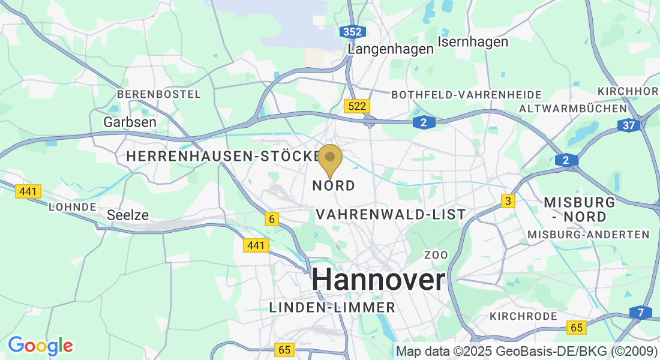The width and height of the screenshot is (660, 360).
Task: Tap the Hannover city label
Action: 379,280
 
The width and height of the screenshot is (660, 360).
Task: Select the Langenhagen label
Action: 391,49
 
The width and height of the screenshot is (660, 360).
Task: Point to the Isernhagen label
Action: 473,42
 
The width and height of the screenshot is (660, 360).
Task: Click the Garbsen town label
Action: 130,122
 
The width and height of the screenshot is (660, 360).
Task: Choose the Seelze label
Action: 128,215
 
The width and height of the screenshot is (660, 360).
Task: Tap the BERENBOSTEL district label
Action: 159,94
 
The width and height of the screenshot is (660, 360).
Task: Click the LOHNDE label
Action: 73,207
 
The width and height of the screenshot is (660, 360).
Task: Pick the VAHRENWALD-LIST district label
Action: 391,214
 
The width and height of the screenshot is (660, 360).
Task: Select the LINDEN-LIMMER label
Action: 332,308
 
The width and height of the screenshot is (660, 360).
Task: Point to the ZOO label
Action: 436,255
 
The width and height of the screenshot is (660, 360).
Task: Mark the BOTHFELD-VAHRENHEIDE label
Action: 466,95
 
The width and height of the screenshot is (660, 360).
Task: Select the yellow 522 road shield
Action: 357,106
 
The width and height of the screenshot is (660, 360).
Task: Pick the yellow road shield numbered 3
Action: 508,201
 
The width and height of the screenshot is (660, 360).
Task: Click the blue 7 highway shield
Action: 641,313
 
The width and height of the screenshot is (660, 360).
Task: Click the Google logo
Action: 40,346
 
